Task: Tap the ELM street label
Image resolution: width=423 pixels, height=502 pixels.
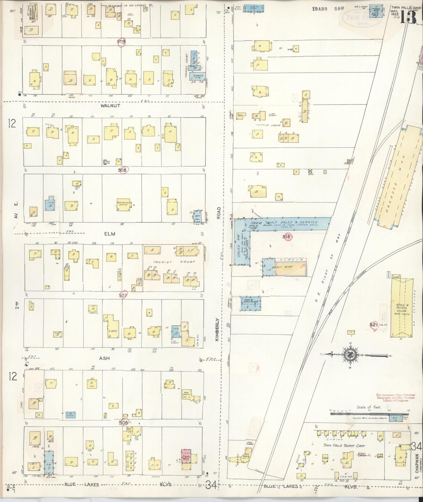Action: click(x=110, y=234)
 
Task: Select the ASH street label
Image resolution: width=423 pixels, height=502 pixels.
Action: click(x=104, y=358)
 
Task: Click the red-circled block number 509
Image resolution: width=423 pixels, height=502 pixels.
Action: click(x=122, y=42)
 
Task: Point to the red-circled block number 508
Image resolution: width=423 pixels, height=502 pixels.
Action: click(x=122, y=170)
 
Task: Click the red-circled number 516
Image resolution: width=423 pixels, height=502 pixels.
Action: click(x=287, y=237)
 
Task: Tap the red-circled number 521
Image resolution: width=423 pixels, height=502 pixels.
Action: click(x=373, y=325)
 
